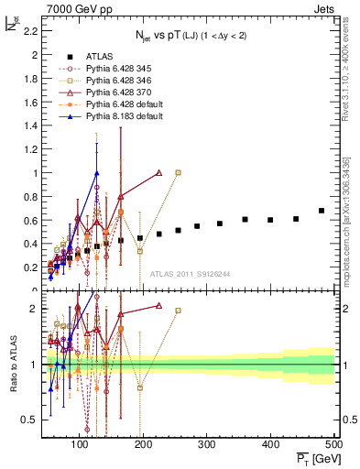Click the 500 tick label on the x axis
click(x=333, y=444)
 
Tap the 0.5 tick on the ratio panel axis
click(x=30, y=420)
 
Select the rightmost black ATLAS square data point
click(x=322, y=211)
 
